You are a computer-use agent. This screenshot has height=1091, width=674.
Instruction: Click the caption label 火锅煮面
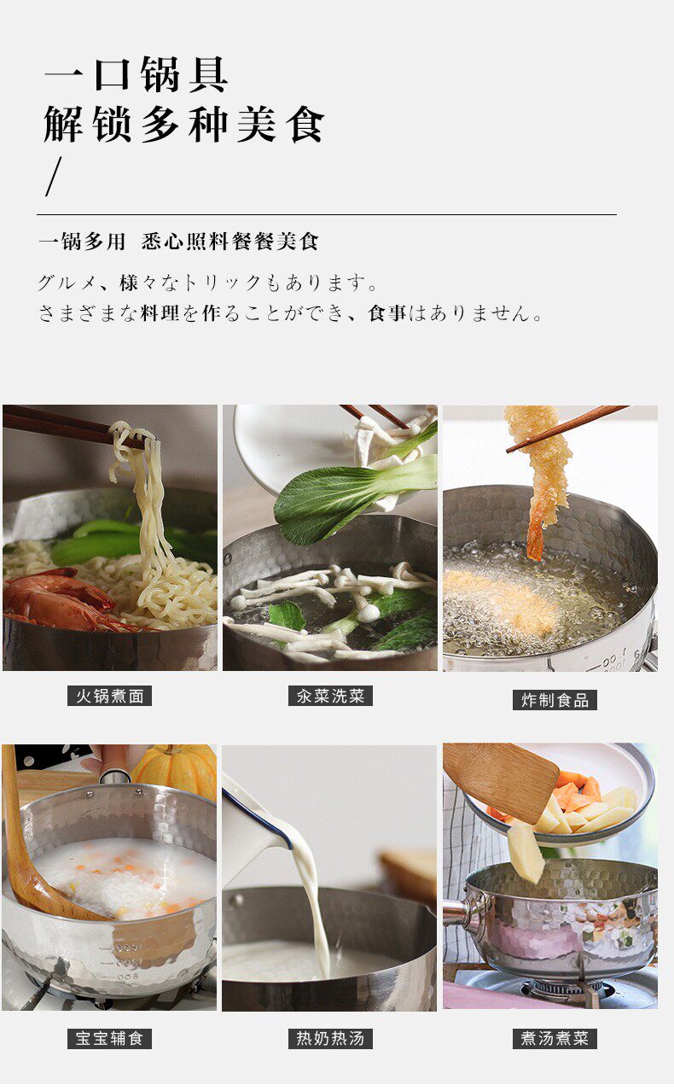click(109, 696)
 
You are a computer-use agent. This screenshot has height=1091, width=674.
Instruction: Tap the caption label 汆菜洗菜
click(330, 696)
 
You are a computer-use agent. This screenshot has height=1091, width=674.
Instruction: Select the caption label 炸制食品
click(555, 700)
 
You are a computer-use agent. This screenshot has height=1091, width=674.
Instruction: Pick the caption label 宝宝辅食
click(109, 1038)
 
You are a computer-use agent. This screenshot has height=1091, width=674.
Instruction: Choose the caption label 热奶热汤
click(330, 1038)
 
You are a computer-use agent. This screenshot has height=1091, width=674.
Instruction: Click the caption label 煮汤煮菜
click(555, 1038)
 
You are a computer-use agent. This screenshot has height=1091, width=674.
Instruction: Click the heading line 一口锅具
click(137, 74)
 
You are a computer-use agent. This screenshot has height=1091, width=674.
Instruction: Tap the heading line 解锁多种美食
click(184, 124)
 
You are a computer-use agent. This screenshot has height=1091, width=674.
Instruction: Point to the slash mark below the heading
click(54, 177)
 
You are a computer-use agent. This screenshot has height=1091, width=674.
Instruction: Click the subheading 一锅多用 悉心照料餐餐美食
click(178, 241)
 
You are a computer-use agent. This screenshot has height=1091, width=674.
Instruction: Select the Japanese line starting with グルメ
click(207, 283)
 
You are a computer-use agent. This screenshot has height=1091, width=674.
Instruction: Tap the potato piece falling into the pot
click(526, 852)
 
